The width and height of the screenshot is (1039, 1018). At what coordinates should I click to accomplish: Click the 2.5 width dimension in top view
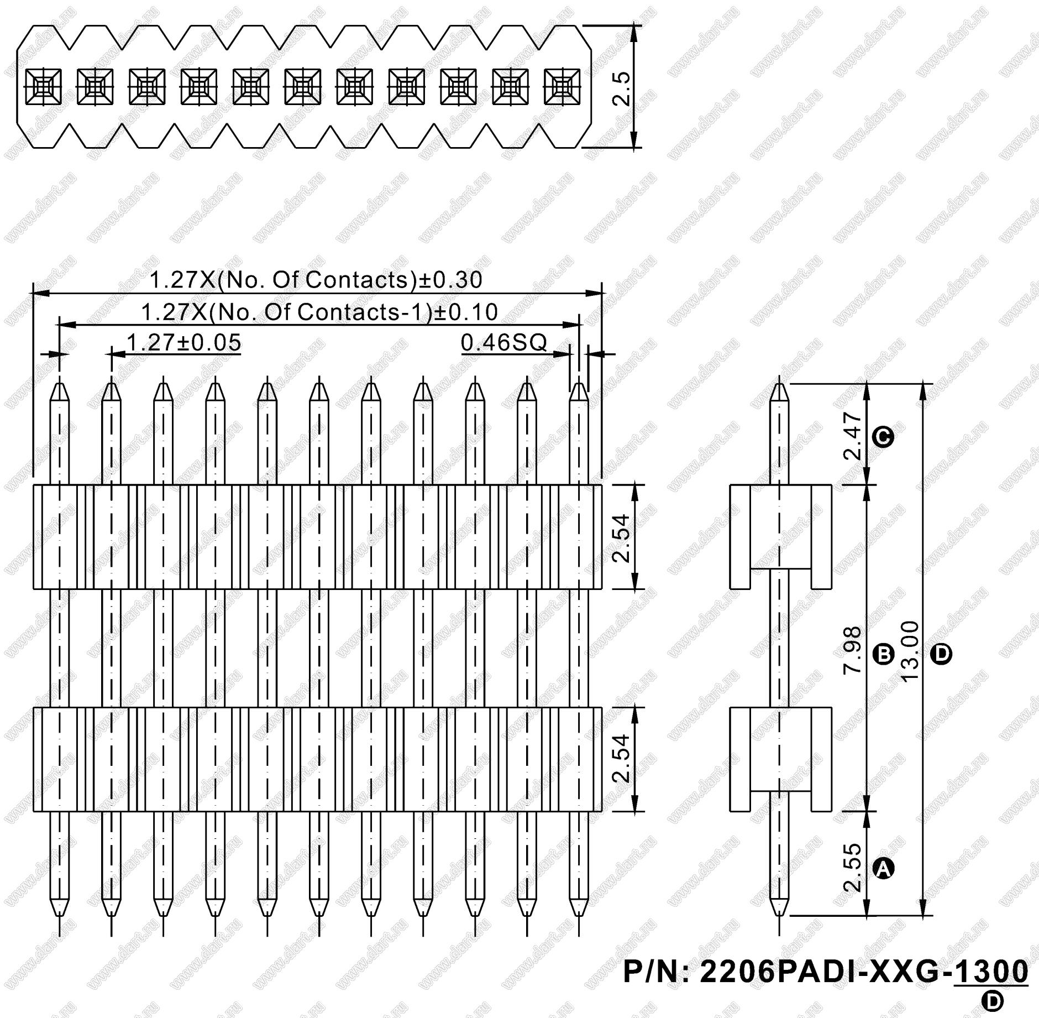pos(622,88)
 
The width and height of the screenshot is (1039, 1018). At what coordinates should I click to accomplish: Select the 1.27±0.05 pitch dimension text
pos(183,342)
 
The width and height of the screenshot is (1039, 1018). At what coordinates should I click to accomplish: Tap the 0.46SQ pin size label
pos(503,342)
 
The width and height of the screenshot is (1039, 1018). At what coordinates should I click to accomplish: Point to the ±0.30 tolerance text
pos(450,280)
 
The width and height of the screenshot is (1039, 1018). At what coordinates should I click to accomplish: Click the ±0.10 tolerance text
pos(465,312)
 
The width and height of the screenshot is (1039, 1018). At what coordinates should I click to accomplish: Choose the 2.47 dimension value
pos(853,436)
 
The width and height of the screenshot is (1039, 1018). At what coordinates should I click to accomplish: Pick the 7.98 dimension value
pos(853,650)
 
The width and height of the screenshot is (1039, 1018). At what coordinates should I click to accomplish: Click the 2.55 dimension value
pos(853,866)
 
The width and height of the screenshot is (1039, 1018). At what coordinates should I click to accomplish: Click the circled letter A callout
pos(883,869)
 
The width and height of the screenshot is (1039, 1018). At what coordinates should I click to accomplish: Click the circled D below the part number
pos(993,1000)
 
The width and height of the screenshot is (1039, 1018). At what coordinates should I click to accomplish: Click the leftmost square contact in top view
pos(44,87)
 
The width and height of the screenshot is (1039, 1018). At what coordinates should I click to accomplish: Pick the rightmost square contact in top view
pos(562,87)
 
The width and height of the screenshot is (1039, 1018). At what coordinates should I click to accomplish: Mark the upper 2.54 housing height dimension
pos(622,537)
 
